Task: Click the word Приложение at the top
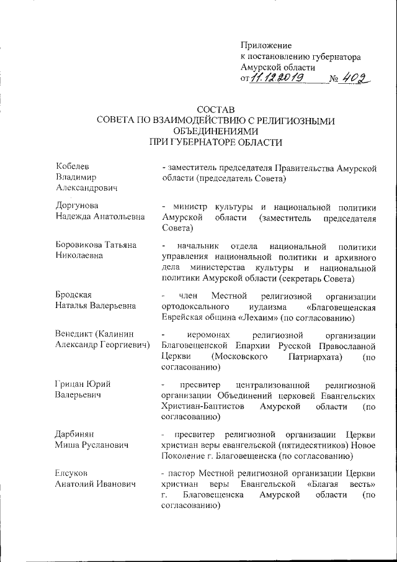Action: pos(265,45)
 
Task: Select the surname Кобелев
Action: pos(73,167)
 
